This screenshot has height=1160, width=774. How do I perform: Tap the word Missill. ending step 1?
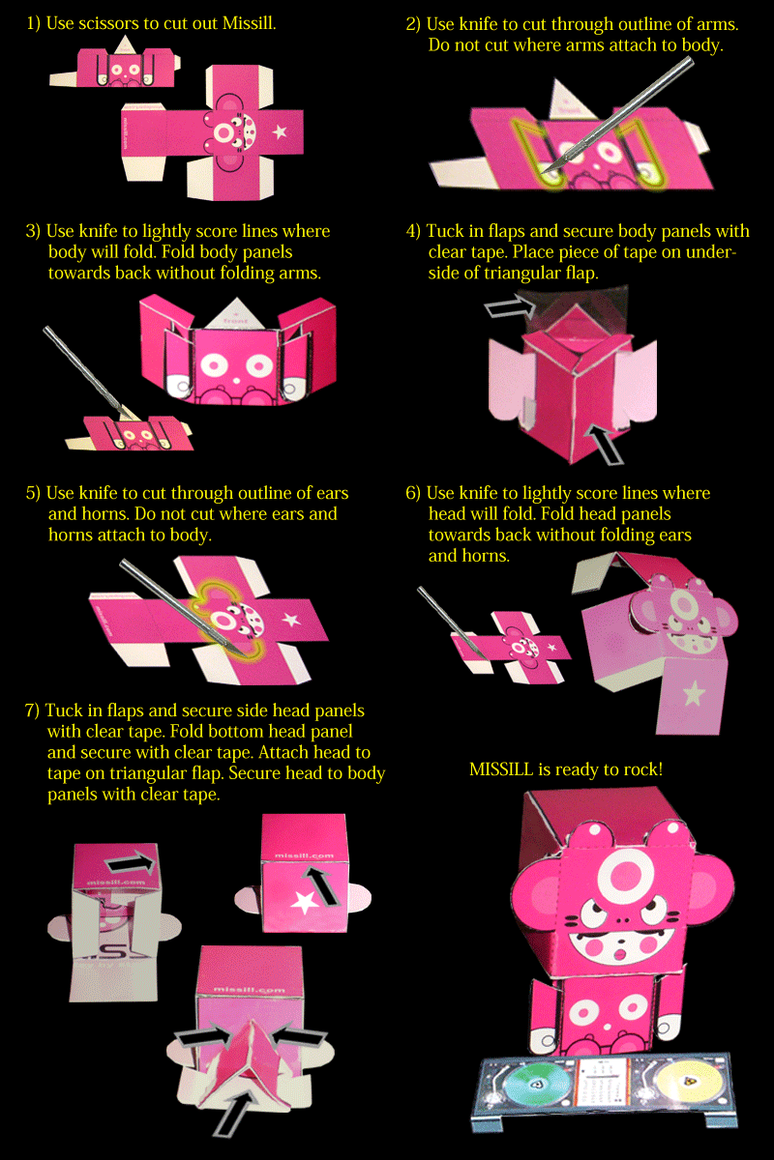tap(249, 23)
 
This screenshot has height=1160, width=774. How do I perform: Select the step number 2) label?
tap(413, 24)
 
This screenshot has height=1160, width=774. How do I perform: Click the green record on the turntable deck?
tap(537, 1085)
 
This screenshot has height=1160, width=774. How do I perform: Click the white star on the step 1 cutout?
tap(280, 131)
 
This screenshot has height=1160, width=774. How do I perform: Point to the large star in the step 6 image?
tap(694, 693)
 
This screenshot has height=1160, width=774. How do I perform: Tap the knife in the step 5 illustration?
tap(185, 606)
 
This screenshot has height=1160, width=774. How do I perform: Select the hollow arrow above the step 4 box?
tap(510, 306)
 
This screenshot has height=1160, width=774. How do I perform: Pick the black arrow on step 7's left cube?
tap(131, 864)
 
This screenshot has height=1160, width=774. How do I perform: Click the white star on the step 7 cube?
tap(305, 902)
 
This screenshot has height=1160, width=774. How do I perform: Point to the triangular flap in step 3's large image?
tap(236, 312)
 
